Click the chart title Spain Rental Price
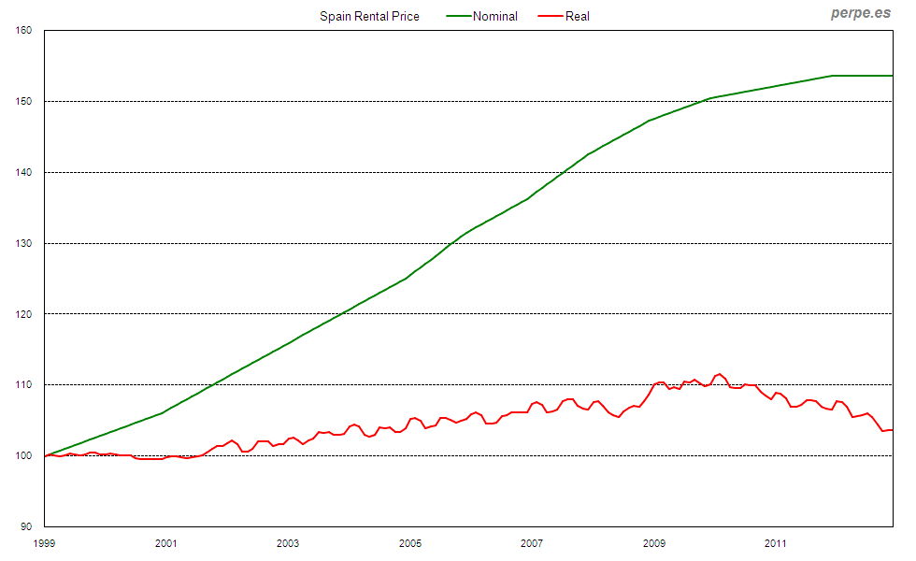[369, 16]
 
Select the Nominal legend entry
[494, 16]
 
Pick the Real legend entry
[577, 16]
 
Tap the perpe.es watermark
[860, 13]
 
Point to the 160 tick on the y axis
[24, 30]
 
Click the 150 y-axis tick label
[24, 101]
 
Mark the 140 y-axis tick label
[24, 172]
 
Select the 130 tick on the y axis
[24, 243]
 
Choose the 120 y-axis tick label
[24, 314]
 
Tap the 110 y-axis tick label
[24, 384]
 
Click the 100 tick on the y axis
[24, 455]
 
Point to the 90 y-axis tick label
[27, 526]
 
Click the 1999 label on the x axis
[44, 542]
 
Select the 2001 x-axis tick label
[165, 542]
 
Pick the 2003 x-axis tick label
[288, 542]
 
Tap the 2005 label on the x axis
[409, 542]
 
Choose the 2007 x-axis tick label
[532, 542]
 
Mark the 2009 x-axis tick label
[653, 542]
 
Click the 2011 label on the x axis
[775, 542]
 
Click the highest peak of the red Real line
[719, 374]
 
